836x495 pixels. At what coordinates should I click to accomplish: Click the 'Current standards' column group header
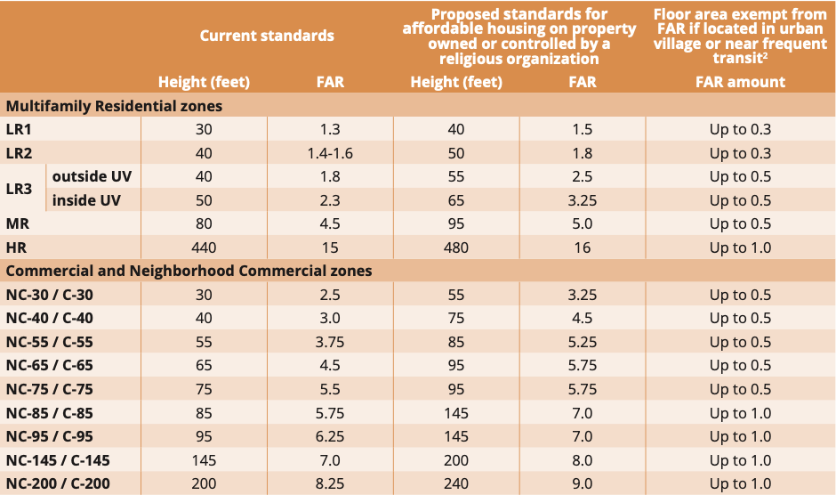[x=267, y=36]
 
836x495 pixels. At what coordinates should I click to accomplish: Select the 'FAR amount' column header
[x=740, y=82]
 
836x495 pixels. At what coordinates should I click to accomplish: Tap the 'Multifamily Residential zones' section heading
[x=114, y=106]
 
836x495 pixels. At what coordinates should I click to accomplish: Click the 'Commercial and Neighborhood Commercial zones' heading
[x=189, y=271]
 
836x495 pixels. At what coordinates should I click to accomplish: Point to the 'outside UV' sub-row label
[x=92, y=176]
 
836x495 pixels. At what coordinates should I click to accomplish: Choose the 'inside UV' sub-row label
[x=86, y=200]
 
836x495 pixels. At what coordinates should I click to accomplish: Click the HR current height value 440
[x=204, y=247]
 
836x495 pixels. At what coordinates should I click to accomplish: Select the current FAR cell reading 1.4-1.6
[x=330, y=153]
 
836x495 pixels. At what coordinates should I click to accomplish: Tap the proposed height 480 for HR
[x=455, y=247]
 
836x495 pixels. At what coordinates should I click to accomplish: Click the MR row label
[x=18, y=223]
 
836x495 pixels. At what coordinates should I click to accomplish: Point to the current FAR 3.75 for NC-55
[x=330, y=342]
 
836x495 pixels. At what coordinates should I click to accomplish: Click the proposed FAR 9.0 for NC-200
[x=582, y=483]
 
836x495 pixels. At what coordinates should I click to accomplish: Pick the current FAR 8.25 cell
[x=330, y=483]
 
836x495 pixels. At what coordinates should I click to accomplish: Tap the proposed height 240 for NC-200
[x=455, y=483]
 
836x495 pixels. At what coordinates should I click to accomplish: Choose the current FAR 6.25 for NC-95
[x=330, y=436]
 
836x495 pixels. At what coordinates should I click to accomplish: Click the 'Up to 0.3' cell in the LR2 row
[x=740, y=153]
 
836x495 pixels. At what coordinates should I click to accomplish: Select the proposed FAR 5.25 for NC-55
[x=582, y=342]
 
